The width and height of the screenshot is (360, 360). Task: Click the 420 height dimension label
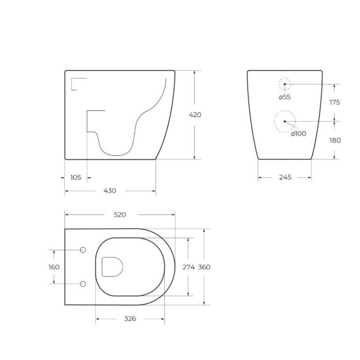tap(195, 115)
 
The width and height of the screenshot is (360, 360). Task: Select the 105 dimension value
tap(76, 177)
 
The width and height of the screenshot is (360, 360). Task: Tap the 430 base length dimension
tap(110, 191)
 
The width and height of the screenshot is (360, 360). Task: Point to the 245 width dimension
tap(285, 177)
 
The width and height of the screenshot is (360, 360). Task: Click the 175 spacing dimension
tap(335, 103)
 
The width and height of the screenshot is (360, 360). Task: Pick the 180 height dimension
tap(335, 140)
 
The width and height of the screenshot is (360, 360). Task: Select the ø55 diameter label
tap(284, 98)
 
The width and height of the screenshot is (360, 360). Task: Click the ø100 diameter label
tap(298, 134)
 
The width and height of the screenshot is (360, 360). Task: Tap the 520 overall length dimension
tap(119, 215)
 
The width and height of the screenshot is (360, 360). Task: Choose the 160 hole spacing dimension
tap(54, 267)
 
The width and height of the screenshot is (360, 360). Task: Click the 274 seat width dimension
tap(188, 267)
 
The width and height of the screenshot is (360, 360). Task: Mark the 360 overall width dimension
tap(204, 267)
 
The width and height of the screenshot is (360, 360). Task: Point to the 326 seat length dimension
tap(130, 319)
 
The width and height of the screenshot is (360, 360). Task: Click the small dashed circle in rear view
tap(284, 84)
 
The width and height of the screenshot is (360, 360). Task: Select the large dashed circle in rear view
tap(284, 121)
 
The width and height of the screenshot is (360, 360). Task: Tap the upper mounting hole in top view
tap(83, 250)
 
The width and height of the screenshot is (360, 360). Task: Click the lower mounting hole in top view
tap(83, 284)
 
